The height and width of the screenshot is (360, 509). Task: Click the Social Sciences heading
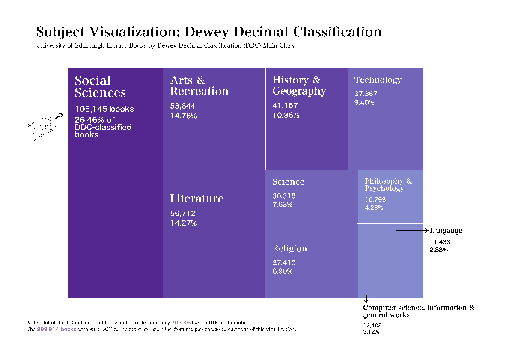click(100, 86)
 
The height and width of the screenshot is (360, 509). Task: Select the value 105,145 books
click(104, 109)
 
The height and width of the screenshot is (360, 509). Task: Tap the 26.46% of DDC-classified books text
click(103, 127)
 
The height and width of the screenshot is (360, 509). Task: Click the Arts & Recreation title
click(199, 86)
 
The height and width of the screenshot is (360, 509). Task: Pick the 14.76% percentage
click(183, 116)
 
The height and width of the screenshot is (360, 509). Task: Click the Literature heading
click(196, 199)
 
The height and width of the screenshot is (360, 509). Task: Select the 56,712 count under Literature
click(183, 214)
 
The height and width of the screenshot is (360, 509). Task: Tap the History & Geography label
click(299, 86)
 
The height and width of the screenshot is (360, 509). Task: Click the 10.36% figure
click(286, 115)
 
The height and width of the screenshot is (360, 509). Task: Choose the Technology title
click(378, 80)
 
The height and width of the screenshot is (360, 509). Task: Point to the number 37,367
click(366, 94)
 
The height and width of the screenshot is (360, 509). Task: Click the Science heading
click(288, 182)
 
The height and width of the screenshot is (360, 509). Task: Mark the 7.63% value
click(283, 205)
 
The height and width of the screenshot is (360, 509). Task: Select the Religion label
click(289, 249)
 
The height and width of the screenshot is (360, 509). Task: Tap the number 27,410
click(284, 263)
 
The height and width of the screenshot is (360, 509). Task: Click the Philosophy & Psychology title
click(388, 184)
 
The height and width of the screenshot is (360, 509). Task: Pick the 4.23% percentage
click(374, 208)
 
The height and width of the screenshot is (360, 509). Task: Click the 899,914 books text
click(57, 329)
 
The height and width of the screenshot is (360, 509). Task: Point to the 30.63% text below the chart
click(181, 323)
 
